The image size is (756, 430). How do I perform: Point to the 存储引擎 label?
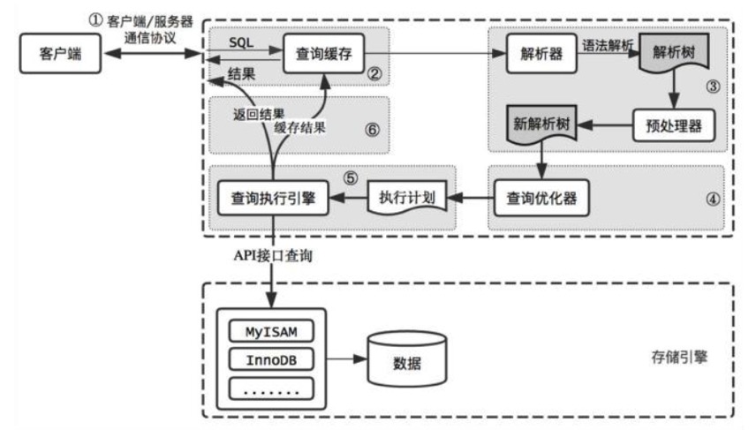(679, 359)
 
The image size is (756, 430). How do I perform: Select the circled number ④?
(712, 199)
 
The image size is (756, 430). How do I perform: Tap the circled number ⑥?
(370, 129)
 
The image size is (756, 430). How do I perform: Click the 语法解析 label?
(607, 41)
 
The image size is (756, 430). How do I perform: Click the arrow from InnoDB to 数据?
(345, 360)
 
